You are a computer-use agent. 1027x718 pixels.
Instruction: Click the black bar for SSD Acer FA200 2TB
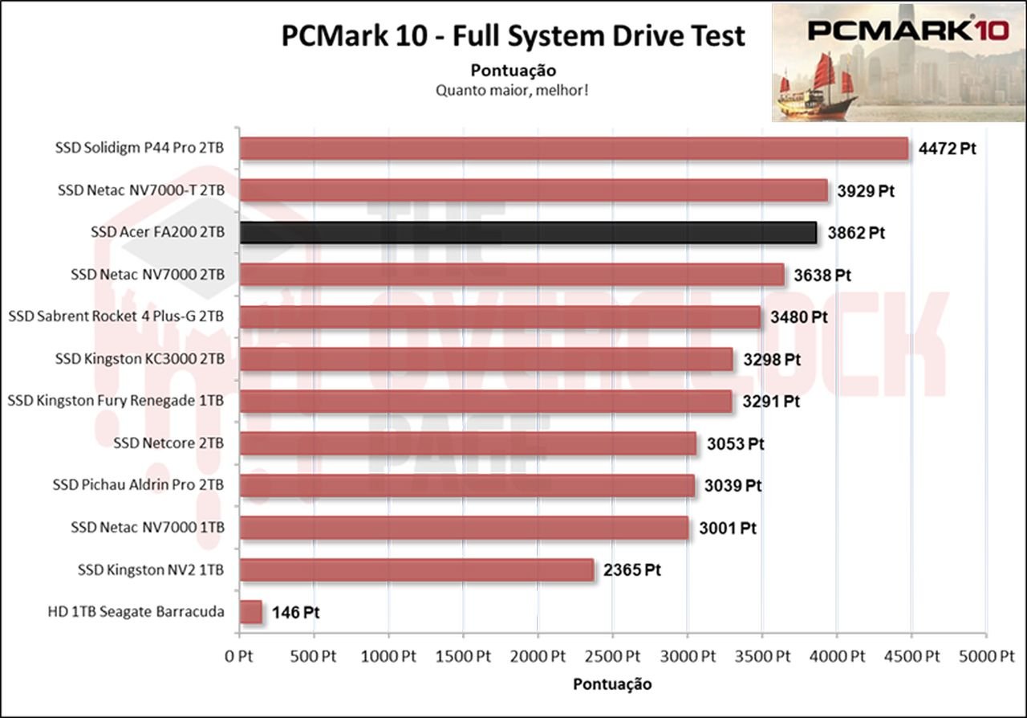point(528,233)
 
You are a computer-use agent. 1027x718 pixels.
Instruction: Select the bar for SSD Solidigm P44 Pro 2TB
point(574,149)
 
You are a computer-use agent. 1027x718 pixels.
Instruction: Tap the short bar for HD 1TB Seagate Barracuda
point(250,612)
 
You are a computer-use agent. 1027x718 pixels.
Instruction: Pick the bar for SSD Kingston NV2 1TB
point(416,570)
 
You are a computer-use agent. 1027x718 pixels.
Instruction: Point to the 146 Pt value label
point(296,613)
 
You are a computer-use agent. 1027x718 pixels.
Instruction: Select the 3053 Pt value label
point(735,444)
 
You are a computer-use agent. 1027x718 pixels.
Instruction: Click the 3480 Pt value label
point(798,316)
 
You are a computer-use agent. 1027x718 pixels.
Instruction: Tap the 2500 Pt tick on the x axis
point(612,656)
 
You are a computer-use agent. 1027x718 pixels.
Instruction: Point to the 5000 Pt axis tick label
point(986,656)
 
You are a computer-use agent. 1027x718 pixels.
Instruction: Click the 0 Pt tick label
point(239,656)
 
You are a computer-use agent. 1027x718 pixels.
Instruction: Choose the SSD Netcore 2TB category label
point(168,443)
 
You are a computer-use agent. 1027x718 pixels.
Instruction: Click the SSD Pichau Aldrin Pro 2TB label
point(138,485)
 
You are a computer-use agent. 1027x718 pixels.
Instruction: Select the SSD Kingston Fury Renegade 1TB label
point(116,400)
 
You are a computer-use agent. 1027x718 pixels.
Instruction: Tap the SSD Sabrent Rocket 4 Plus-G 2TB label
point(116,316)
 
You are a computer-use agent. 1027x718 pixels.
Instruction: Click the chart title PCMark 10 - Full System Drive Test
point(513,36)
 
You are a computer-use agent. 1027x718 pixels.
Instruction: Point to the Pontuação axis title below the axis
point(612,684)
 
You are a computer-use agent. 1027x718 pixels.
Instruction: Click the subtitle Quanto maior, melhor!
point(513,89)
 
